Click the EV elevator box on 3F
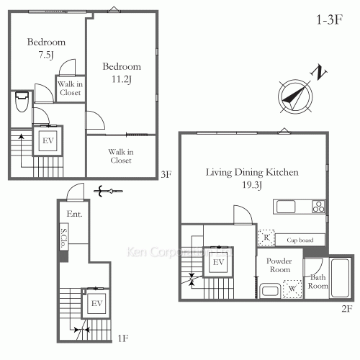pyautogui.click(x=48, y=140)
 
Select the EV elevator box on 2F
pyautogui.click(x=217, y=263)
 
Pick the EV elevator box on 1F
pyautogui.click(x=95, y=305)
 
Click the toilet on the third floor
pyautogui.click(x=22, y=102)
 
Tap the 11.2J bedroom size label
pyautogui.click(x=120, y=78)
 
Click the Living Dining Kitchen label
pyautogui.click(x=252, y=173)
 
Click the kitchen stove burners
pyautogui.click(x=318, y=207)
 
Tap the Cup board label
pyautogui.click(x=299, y=240)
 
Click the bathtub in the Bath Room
pyautogui.click(x=339, y=277)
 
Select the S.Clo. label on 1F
pyautogui.click(x=64, y=236)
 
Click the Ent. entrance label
pyautogui.click(x=74, y=215)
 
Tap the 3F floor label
pyautogui.click(x=166, y=174)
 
